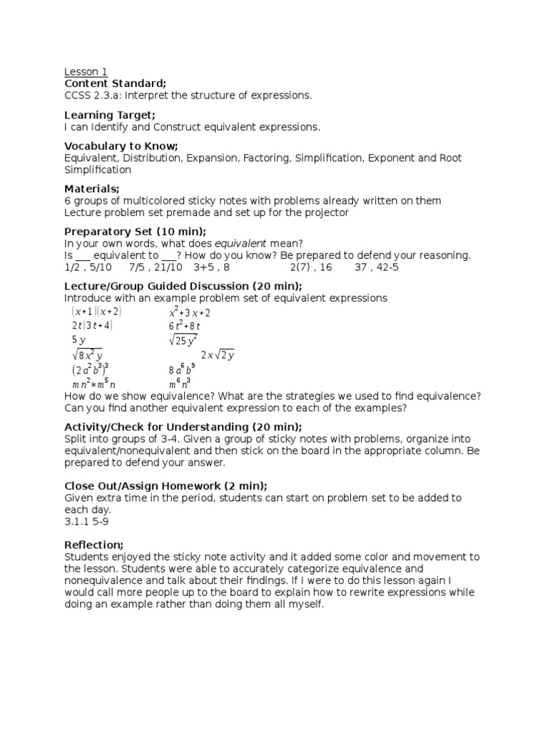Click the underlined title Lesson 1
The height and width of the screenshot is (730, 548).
pos(86,71)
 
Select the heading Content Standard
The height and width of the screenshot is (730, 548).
pos(115,83)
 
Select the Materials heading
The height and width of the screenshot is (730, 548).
pos(92,188)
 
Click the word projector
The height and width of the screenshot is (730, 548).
pos(328,212)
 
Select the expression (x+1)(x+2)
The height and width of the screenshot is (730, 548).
pos(96,312)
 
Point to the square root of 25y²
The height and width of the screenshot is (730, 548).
pos(183,340)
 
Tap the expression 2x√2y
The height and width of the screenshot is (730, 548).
pos(218,355)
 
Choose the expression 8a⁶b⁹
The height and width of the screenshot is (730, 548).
pos(182,369)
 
